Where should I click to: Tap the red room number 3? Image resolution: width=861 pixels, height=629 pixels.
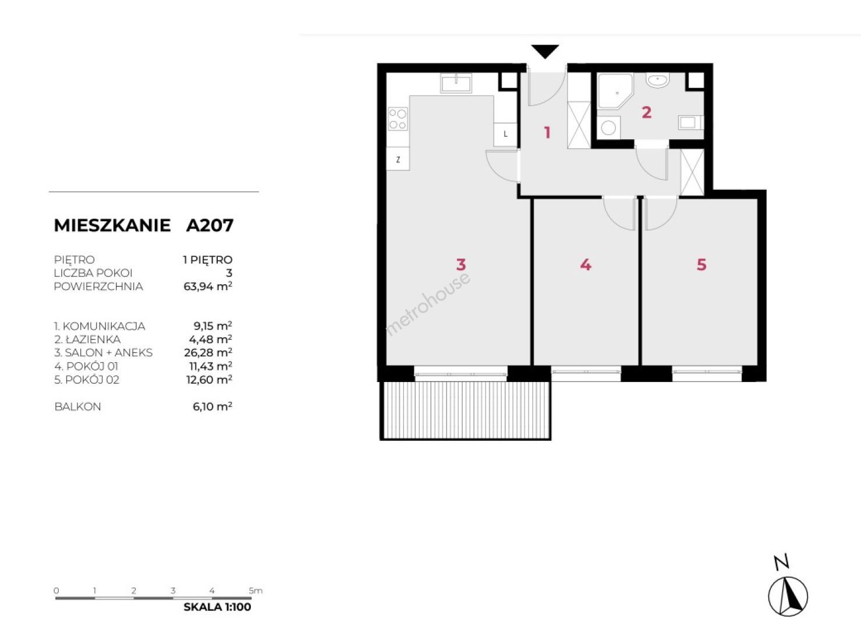[461, 264]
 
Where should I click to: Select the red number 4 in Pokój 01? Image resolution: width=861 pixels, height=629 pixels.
[586, 264]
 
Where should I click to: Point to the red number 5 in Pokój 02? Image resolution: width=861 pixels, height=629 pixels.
[701, 264]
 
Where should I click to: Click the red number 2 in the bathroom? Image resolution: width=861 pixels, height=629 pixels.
[647, 112]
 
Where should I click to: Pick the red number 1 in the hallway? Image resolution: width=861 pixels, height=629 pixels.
[547, 133]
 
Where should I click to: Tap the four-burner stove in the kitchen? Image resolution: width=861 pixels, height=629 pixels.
[398, 119]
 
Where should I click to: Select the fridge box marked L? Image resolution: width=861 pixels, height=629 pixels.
[505, 134]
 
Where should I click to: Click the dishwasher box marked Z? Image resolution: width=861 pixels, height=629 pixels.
[398, 160]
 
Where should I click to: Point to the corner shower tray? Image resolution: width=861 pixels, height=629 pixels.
[615, 91]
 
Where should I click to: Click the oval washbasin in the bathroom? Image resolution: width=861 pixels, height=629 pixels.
[658, 81]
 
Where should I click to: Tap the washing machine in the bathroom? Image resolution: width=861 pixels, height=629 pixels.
[608, 128]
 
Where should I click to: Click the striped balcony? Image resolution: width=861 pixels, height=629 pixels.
[466, 411]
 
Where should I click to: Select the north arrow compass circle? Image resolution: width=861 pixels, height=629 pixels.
[788, 596]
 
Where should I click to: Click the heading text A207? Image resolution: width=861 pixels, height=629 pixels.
[210, 225]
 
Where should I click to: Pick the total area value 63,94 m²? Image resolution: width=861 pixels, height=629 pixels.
[208, 287]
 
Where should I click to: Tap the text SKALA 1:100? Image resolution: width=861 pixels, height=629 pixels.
[217, 607]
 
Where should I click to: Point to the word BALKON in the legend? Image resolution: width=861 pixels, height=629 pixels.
[77, 407]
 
